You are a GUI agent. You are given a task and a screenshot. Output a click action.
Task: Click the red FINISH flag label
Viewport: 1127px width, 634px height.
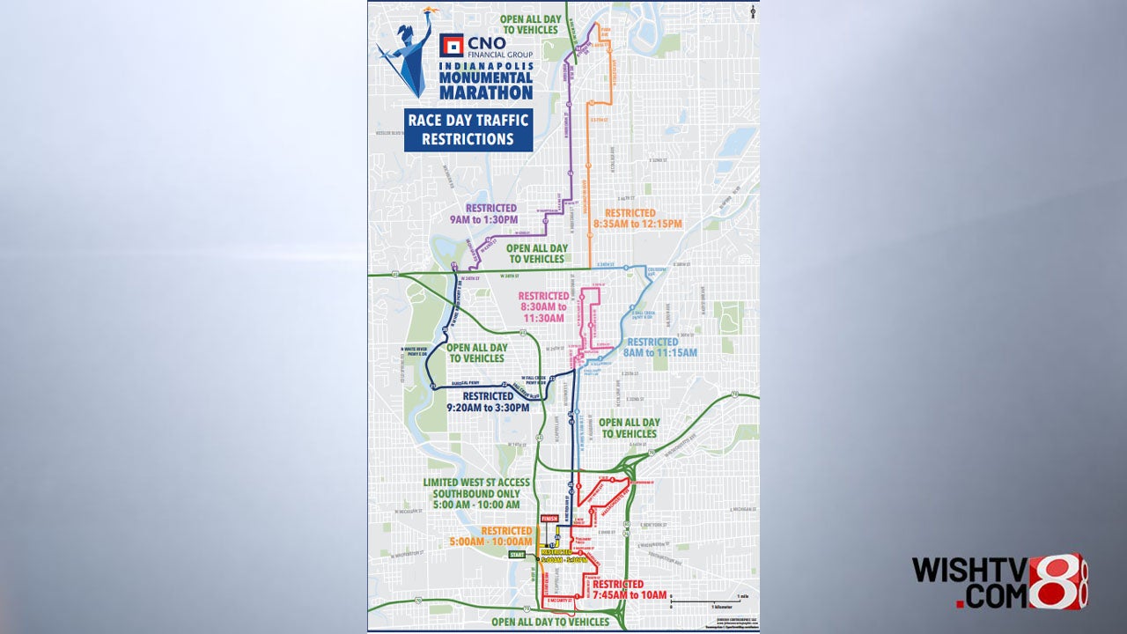point(550,519)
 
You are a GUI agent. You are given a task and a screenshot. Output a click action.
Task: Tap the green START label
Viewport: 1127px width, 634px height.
point(518,555)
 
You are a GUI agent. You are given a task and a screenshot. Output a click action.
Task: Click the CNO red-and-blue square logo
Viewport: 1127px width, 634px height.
point(451,45)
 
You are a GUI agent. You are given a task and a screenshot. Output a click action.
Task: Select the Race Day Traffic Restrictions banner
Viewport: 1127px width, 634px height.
point(468,129)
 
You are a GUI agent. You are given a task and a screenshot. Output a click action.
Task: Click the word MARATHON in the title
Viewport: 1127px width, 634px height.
point(487,92)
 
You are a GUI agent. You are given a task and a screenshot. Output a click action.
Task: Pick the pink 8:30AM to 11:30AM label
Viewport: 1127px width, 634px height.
point(543,306)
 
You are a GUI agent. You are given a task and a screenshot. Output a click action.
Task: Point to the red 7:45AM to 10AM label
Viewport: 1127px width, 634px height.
point(629,590)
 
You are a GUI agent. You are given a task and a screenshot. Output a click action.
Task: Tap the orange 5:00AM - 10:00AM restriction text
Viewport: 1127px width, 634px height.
point(506,536)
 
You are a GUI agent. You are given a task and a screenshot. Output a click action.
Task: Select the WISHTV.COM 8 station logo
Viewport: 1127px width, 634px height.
point(999,582)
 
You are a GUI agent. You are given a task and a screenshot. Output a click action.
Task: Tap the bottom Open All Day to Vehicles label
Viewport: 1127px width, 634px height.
point(549,622)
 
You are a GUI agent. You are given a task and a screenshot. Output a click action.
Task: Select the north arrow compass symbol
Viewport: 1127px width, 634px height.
point(754,11)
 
